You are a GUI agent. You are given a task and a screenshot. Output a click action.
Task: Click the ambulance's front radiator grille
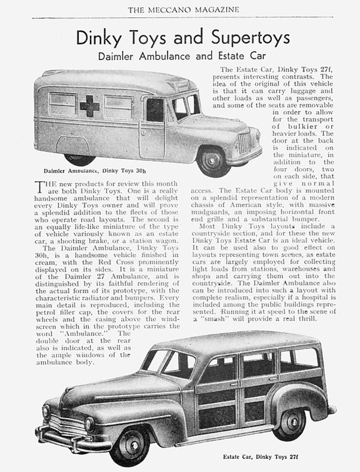point(241,144)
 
